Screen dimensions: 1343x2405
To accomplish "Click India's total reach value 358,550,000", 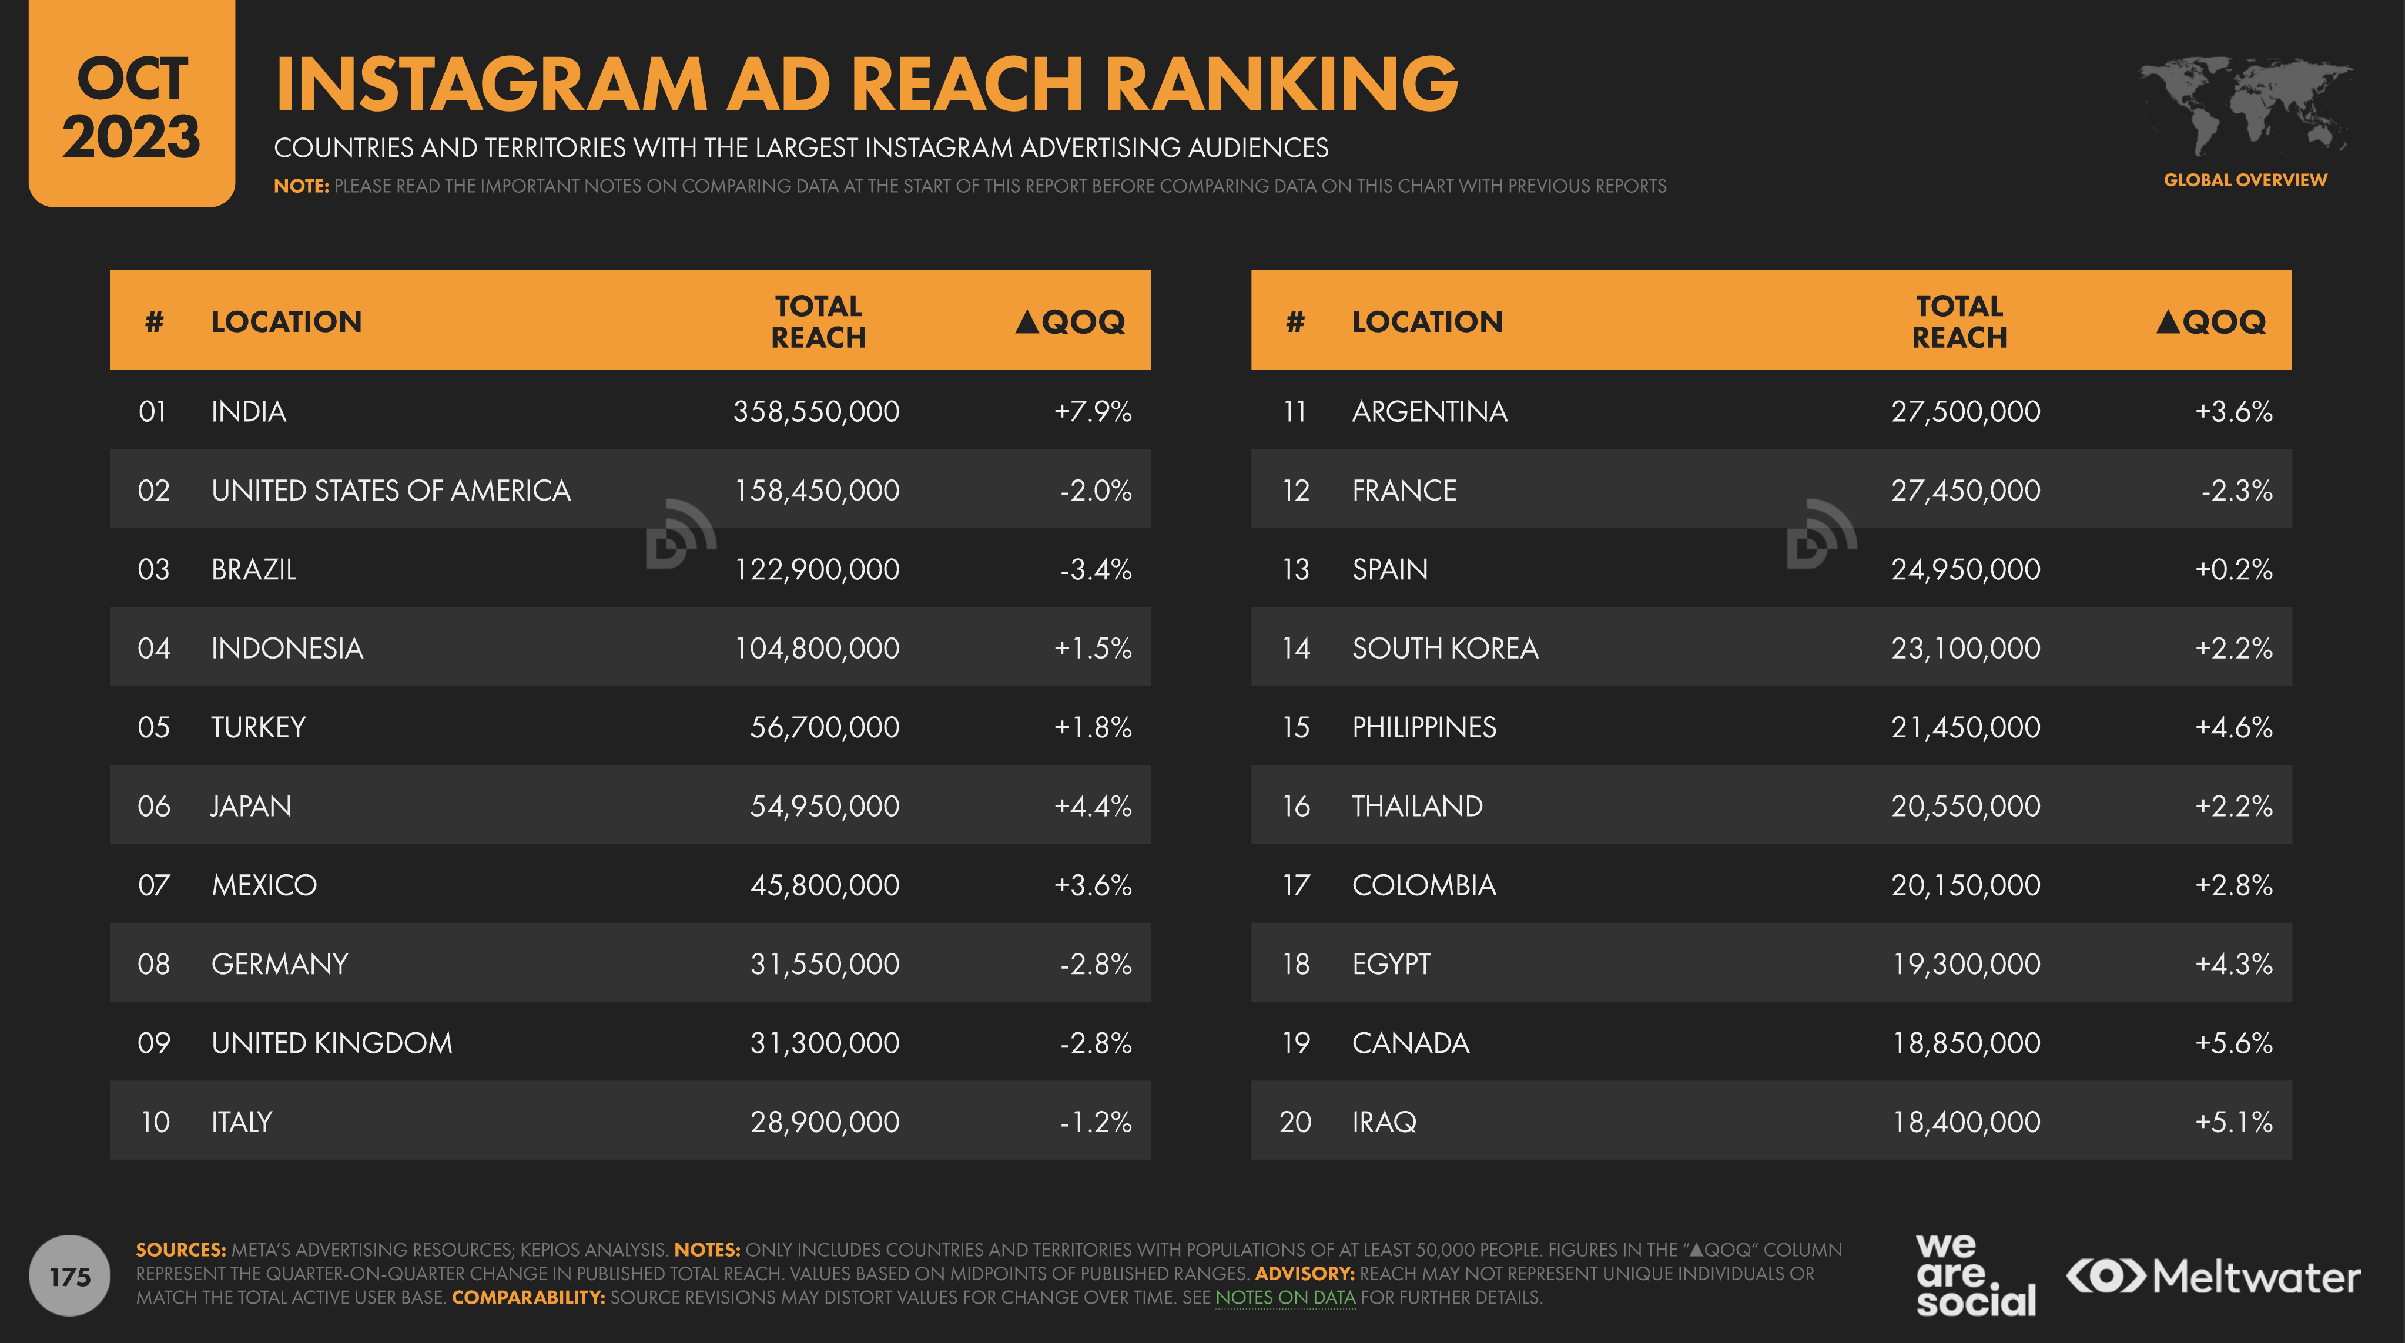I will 816,412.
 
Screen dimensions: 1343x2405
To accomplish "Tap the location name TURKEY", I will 259,727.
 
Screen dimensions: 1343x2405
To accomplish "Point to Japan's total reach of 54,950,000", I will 825,807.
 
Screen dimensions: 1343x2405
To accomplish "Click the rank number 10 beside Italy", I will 155,1122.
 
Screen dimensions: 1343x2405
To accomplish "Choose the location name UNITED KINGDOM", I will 331,1042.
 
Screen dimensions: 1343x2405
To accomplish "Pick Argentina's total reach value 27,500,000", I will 1965,412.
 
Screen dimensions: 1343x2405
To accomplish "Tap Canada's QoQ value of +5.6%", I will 2233,1042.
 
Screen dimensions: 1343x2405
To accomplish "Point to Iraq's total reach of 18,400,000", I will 1965,1122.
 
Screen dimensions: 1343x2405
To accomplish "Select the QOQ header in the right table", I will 2211,322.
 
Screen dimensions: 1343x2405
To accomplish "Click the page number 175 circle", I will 70,1276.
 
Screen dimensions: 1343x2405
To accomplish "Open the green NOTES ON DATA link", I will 1285,1297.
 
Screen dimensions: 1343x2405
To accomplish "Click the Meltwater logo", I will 2213,1277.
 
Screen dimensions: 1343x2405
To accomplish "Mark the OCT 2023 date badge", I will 132,105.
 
